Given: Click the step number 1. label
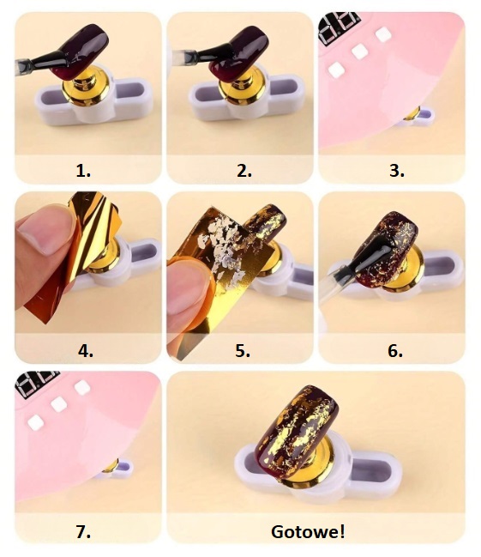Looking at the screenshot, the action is pos(83,172).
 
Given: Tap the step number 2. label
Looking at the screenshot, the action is pos(244,172).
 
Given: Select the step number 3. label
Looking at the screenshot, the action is pos(397,172).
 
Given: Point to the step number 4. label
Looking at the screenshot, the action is pos(86,351).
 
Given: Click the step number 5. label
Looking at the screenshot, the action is pos(243,351).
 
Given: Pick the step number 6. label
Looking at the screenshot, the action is pos(395,351).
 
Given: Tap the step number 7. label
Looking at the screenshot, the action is pos(83,532).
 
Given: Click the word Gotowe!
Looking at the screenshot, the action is pos(308,532).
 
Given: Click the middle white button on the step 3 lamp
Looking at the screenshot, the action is pos(359,51).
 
